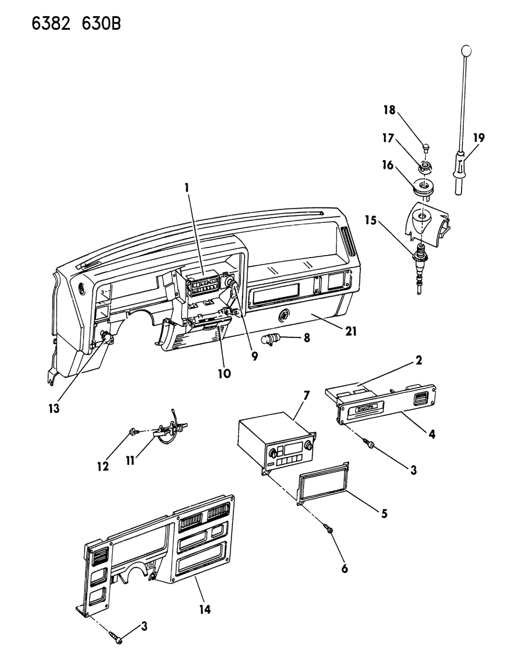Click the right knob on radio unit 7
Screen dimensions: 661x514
click(308, 444)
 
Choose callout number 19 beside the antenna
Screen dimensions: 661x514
click(478, 138)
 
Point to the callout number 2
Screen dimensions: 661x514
click(418, 360)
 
